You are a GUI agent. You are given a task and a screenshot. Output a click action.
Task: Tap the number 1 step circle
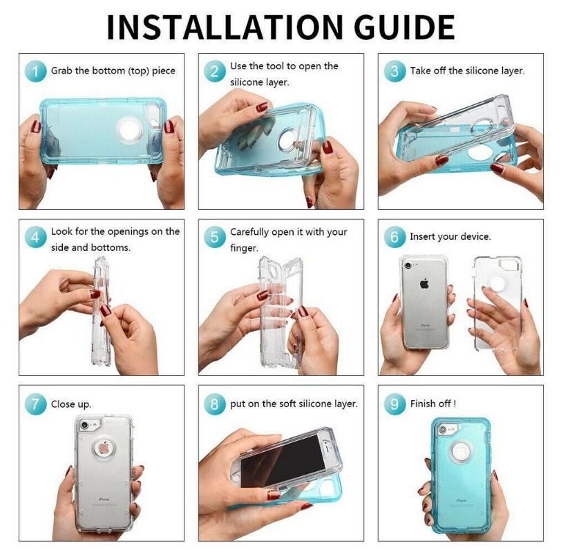pos(35,71)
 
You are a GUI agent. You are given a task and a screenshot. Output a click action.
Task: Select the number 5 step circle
pos(215,237)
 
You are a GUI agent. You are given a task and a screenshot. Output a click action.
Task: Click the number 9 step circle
pos(395,404)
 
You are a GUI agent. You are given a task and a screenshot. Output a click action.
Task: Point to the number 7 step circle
pos(35,404)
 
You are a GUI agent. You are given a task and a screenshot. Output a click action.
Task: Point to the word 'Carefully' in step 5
pos(255,231)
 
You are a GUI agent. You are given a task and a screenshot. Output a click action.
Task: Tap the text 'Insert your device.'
pos(450,236)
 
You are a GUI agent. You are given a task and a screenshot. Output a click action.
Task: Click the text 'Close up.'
pos(70,404)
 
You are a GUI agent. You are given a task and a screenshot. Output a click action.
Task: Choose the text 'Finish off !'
pos(433,404)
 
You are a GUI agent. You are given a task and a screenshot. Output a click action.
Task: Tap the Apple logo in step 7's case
pos(103,448)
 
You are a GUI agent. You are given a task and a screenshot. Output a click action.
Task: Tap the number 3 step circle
pos(395,71)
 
